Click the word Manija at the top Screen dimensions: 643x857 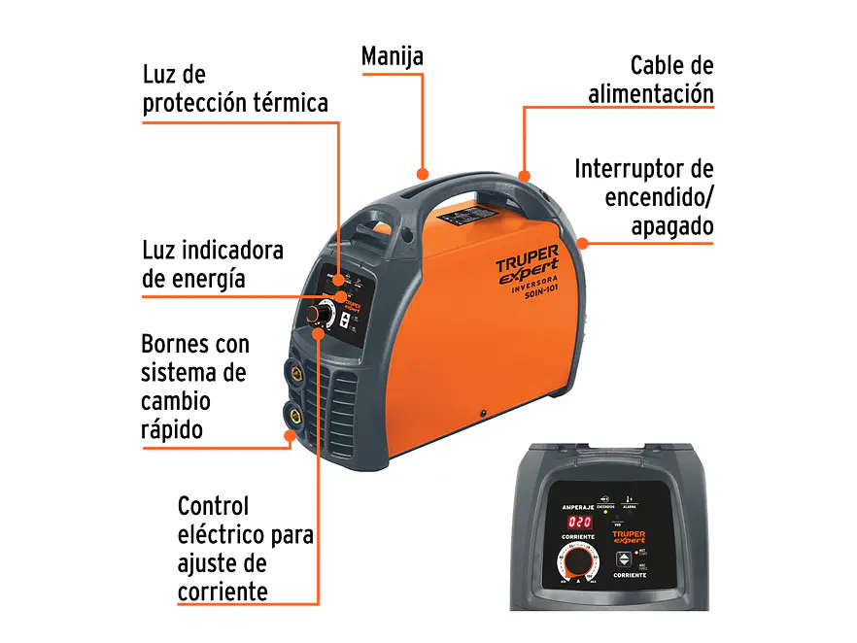point(392,56)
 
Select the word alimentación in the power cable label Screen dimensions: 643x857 point(650,94)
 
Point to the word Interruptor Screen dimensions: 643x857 point(622,169)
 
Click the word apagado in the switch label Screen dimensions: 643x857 point(671,226)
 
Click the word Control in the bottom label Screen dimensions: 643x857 point(214,506)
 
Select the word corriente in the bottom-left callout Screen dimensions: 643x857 point(223,592)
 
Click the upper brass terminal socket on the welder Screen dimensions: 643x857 point(291,373)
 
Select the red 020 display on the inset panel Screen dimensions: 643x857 point(579,522)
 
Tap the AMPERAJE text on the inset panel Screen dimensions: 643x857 point(580,507)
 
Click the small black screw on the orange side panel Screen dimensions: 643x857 point(482,414)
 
